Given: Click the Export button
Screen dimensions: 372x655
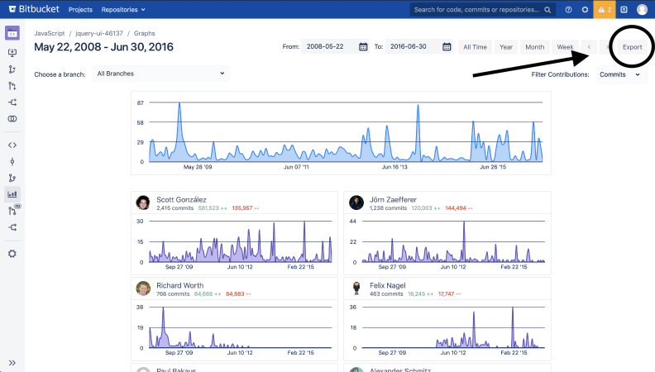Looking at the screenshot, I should tap(632, 47).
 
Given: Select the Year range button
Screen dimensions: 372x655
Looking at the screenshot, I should tap(505, 47).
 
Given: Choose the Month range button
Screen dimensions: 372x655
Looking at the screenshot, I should tap(534, 47).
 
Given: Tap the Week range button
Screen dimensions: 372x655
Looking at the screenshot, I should tap(565, 47).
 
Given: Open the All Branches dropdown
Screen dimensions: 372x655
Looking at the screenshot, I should tap(160, 74).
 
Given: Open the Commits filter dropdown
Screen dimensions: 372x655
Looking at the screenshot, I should tap(619, 74).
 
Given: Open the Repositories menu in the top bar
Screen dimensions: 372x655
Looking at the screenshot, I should tap(122, 9).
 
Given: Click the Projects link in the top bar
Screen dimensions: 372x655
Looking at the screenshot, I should tap(80, 9).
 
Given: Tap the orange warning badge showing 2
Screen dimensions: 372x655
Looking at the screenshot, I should tap(604, 9).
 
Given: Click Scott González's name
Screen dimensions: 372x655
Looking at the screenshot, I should tap(181, 199).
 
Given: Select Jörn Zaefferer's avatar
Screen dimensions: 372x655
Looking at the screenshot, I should tap(356, 203).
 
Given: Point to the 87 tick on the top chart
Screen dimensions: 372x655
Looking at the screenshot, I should tap(141, 103).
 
